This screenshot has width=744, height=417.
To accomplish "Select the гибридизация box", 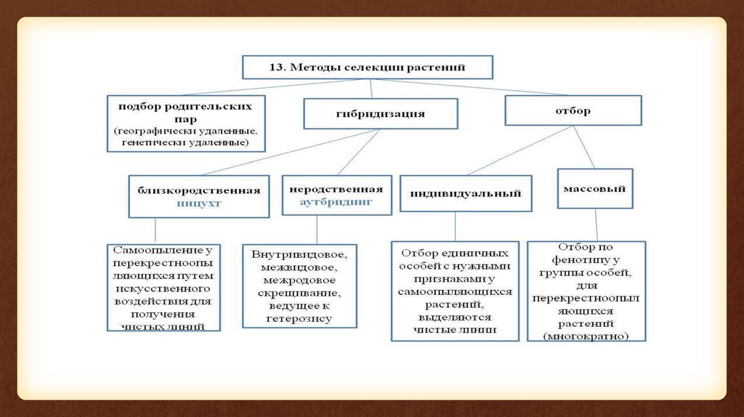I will (380, 114).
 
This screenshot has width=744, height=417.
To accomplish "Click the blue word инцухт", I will (198, 204).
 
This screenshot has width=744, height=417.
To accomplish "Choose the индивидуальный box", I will (466, 194).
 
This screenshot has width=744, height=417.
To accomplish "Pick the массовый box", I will (594, 188).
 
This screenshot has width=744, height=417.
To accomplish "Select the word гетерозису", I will (299, 318).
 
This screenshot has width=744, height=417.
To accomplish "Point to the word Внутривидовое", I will (294, 255).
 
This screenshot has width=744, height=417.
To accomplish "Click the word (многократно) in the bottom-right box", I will (586, 336).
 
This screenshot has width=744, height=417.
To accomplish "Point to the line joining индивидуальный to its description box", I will (455, 226).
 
